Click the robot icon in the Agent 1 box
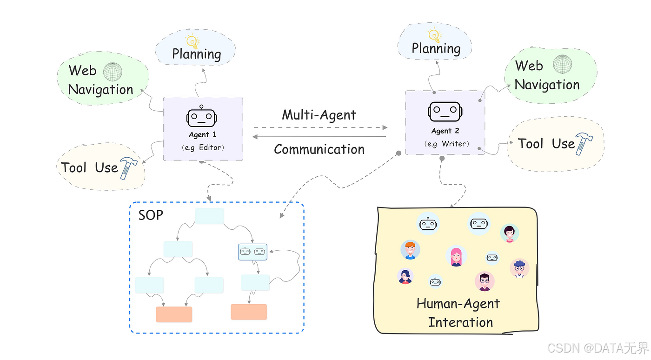(201, 118)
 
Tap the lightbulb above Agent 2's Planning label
(434, 35)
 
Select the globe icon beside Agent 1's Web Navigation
(113, 72)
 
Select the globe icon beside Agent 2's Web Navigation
(563, 64)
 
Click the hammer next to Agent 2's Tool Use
(581, 143)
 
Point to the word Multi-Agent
(319, 115)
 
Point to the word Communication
(319, 149)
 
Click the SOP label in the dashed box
(151, 215)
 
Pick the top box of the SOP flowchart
(209, 216)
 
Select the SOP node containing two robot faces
(252, 252)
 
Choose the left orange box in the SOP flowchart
(174, 314)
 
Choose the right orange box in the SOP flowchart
(249, 312)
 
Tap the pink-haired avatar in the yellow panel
(456, 256)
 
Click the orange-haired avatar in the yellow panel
(410, 250)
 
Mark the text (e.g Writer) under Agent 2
(447, 144)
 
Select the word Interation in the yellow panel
(460, 322)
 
